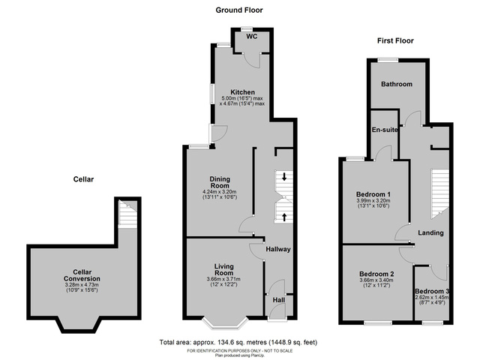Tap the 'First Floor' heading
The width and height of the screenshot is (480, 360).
[395, 40]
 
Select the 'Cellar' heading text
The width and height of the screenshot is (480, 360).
[83, 179]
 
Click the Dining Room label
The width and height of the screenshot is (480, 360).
[219, 182]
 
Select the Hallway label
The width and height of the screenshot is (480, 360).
[277, 249]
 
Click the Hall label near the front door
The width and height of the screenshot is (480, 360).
[278, 300]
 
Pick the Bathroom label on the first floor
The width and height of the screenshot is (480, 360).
[396, 84]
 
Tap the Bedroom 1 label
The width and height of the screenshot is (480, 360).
[375, 194]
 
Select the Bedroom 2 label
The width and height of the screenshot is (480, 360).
[376, 274]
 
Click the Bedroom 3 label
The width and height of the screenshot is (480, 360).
[433, 291]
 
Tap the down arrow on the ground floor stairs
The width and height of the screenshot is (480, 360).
[284, 177]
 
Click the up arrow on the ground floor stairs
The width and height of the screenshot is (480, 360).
[284, 217]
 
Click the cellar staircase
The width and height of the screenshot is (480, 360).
[127, 217]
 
